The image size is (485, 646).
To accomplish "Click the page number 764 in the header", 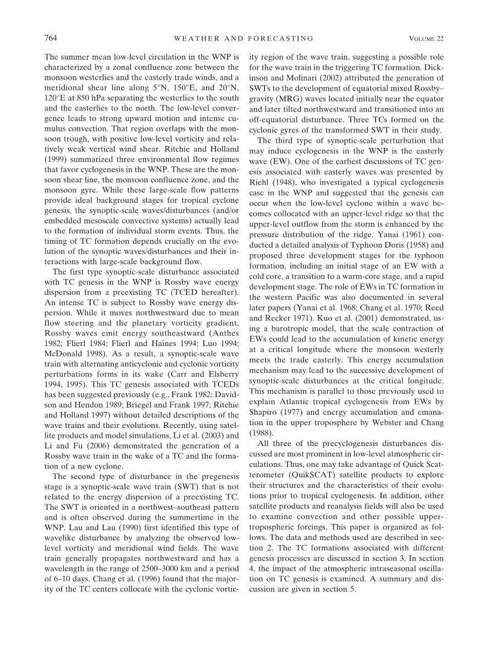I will (51, 38).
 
